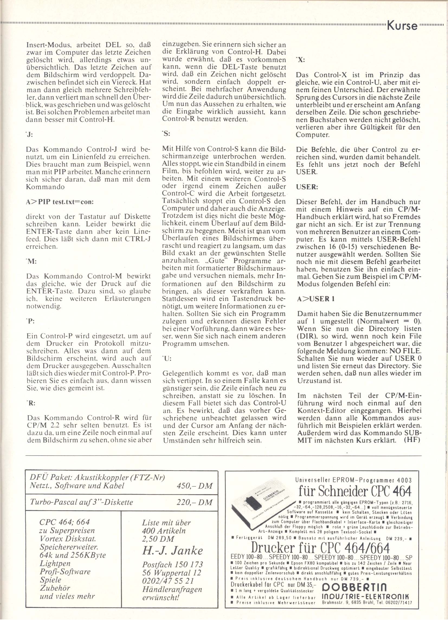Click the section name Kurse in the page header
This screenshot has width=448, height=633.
click(x=402, y=26)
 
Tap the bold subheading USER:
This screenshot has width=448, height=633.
click(x=307, y=187)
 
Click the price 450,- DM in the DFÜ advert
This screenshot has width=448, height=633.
click(x=195, y=485)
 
